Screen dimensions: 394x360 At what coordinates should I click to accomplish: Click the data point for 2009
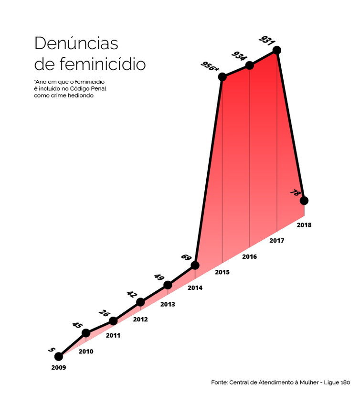tap(59, 356)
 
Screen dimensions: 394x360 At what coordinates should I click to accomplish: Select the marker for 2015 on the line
tap(222, 77)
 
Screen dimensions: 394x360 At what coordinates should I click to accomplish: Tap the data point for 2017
tap(277, 50)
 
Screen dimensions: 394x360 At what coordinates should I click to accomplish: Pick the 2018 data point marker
tap(304, 201)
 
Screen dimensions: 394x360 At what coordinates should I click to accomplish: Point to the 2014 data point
tap(195, 265)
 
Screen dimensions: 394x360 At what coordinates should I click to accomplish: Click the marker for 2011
tap(113, 321)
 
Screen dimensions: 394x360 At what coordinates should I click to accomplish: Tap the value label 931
tap(266, 40)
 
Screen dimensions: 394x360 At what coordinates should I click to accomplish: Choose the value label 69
tap(186, 257)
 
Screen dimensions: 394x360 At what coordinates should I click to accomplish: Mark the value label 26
tap(104, 313)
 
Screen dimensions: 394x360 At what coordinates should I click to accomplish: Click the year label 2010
tap(86, 351)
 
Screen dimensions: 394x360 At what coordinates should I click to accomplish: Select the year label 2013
tap(168, 304)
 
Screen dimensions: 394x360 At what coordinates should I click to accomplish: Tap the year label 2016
tap(249, 256)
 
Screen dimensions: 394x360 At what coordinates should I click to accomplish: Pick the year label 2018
tap(304, 224)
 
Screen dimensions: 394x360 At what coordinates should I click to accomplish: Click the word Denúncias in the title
tap(76, 43)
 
